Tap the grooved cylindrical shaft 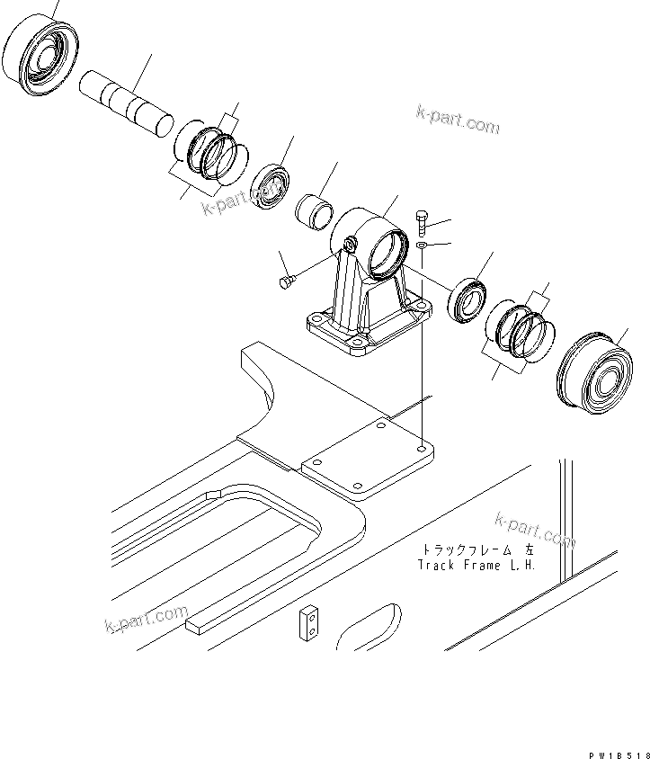[x=125, y=100]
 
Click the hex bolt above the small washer [x=423, y=220]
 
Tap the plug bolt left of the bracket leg [x=286, y=282]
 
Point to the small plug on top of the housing [x=349, y=243]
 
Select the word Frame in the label [x=485, y=565]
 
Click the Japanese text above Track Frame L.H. [x=476, y=549]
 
